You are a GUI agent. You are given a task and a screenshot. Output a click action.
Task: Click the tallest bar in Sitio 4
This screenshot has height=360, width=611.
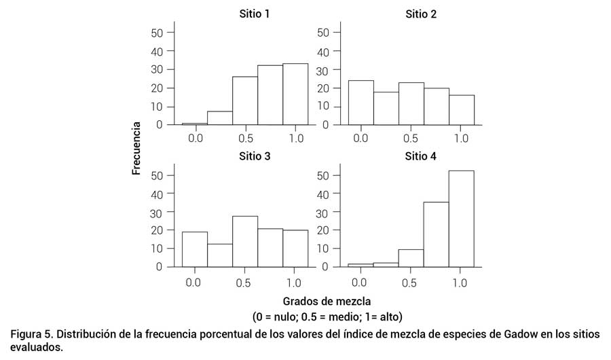(x=461, y=219)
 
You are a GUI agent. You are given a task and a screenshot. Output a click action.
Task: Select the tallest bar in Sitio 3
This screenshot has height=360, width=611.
(x=244, y=241)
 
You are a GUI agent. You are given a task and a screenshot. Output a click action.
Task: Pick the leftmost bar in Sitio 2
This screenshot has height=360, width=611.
(x=360, y=103)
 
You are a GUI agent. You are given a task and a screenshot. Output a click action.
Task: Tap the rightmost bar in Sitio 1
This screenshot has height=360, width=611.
(x=295, y=94)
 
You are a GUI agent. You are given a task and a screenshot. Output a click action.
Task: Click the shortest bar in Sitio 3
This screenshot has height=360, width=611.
(x=219, y=255)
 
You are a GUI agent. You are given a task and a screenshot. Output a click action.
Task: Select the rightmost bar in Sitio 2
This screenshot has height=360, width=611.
(x=461, y=109)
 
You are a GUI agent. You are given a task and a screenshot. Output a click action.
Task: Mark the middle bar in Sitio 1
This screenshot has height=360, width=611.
(x=244, y=101)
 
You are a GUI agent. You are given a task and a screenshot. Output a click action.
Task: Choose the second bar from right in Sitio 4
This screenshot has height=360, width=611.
(x=436, y=234)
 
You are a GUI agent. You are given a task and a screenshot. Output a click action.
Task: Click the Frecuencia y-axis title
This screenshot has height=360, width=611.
(x=136, y=148)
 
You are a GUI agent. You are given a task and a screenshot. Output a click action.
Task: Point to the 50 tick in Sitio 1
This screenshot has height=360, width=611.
(x=156, y=33)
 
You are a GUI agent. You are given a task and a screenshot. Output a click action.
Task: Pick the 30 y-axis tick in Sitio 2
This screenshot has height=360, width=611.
(x=323, y=69)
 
